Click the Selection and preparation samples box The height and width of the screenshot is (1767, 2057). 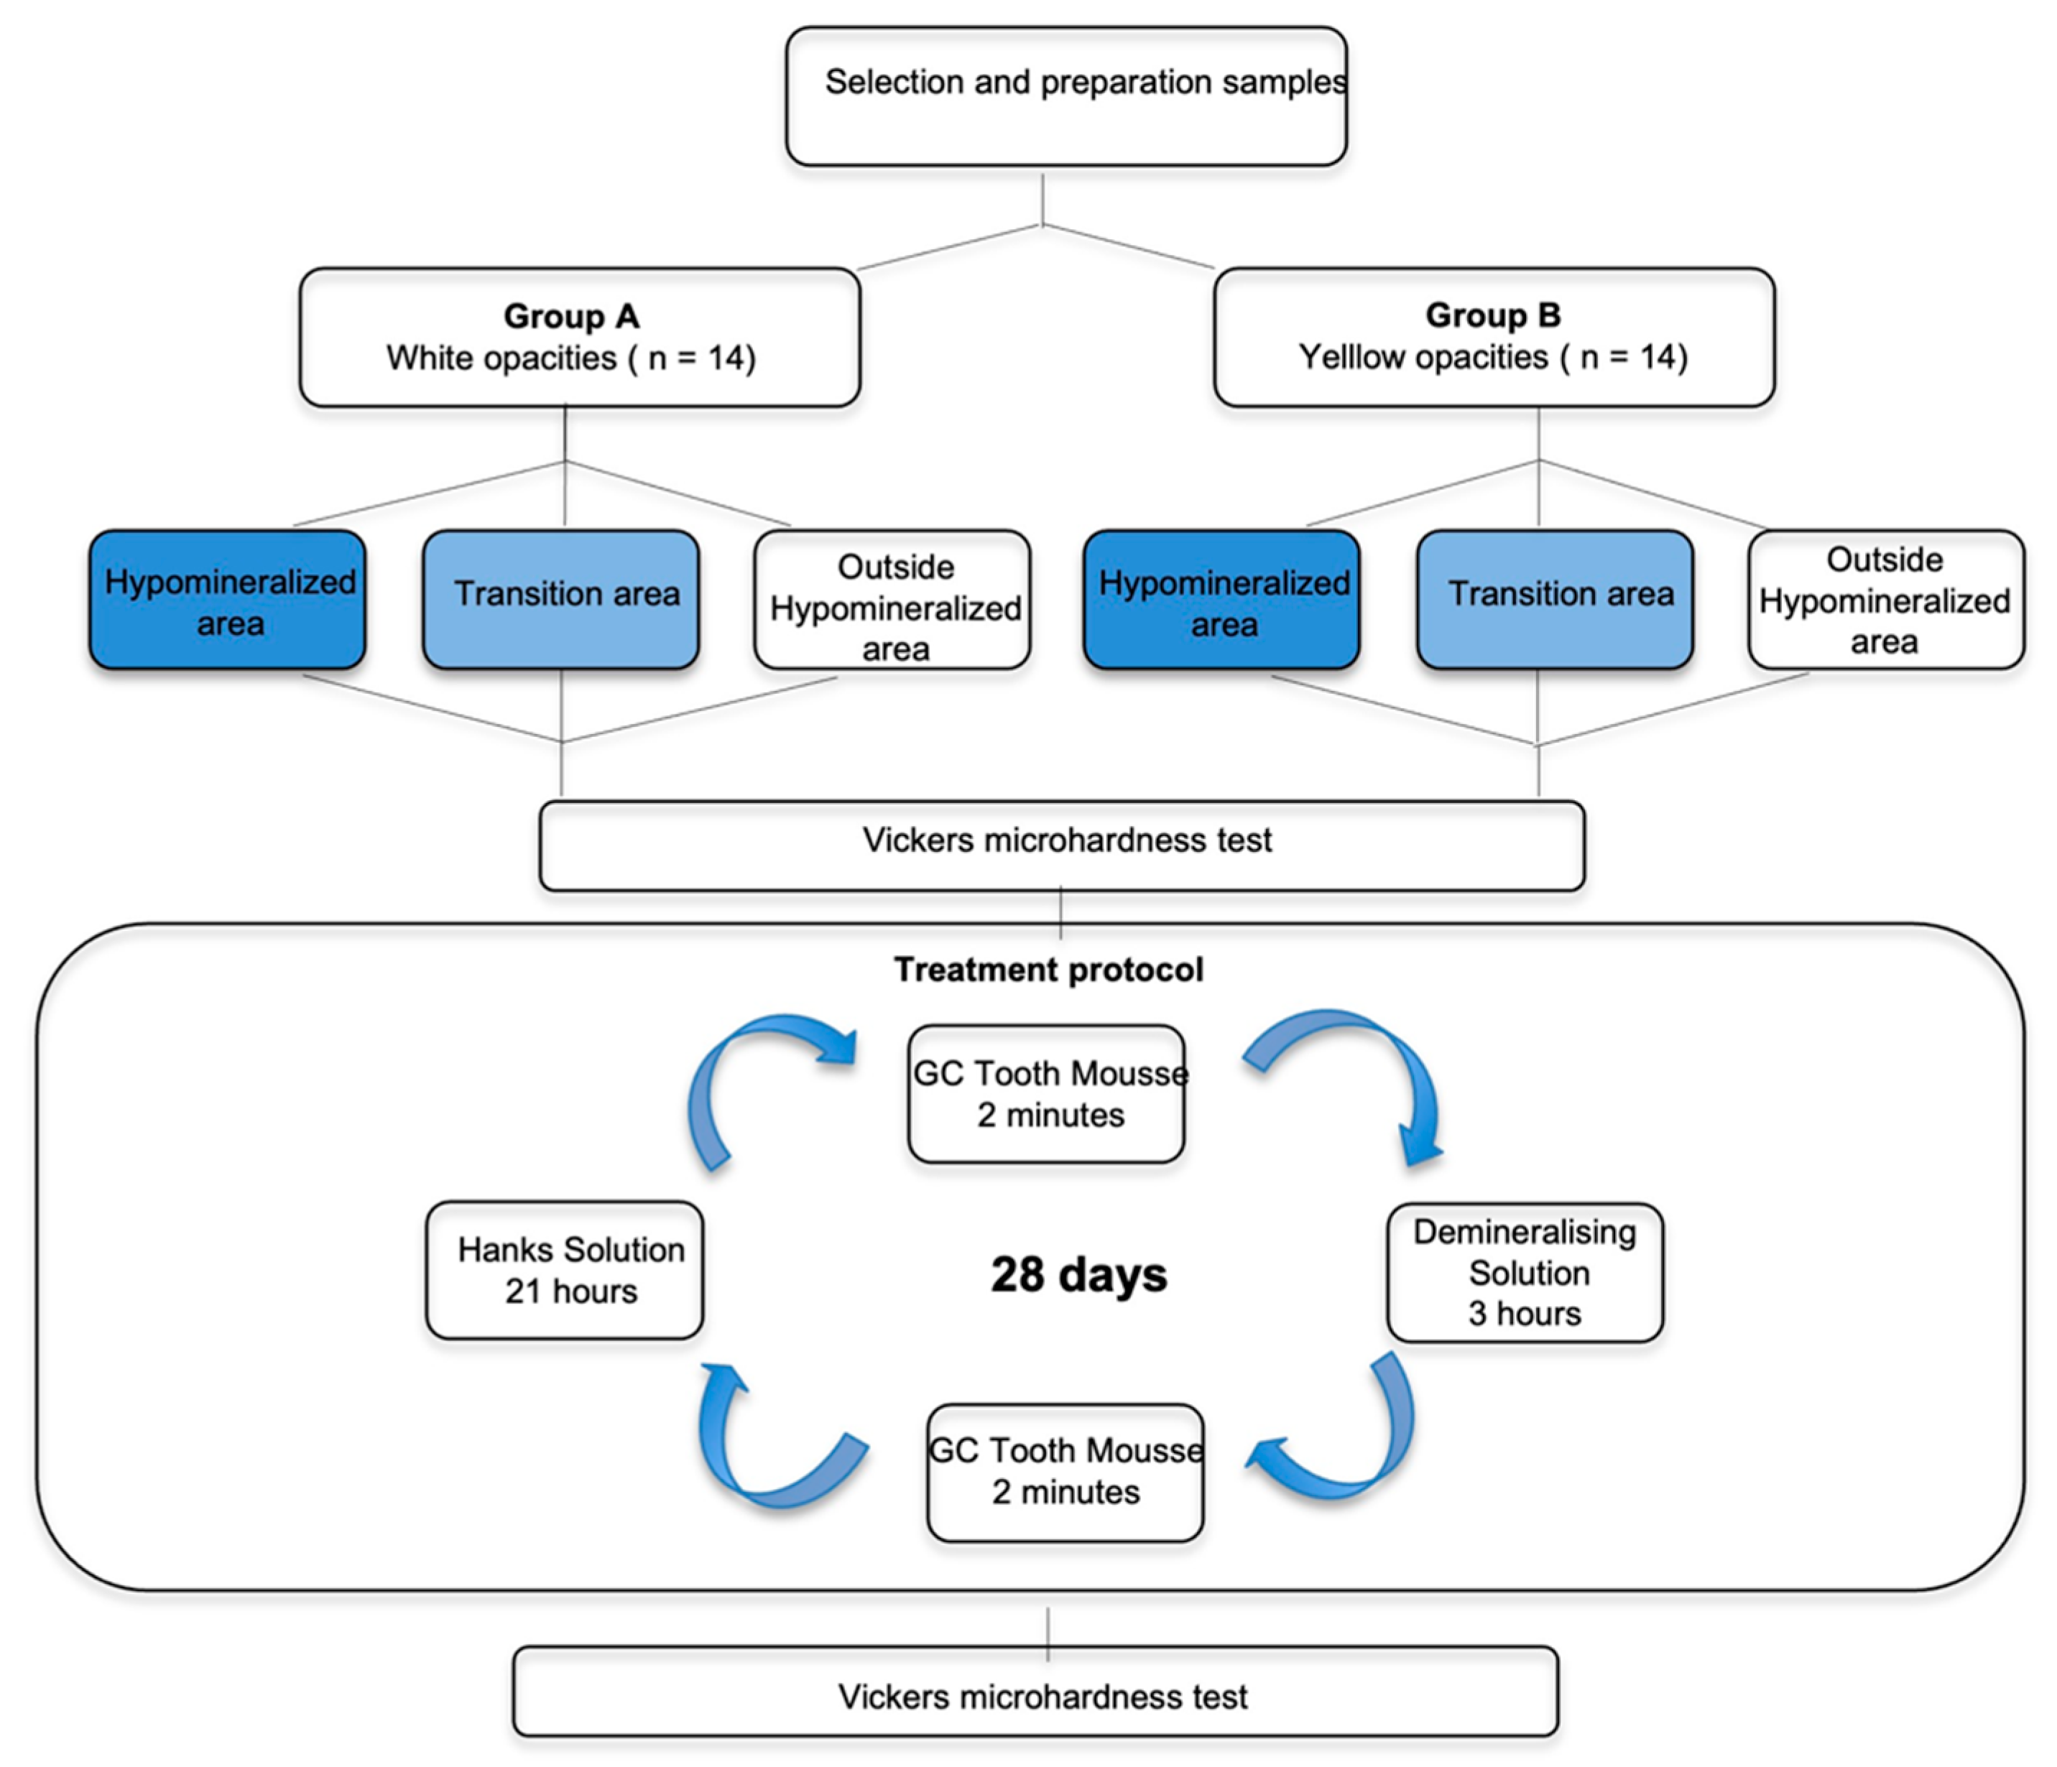1066,96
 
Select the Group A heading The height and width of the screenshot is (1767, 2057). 571,315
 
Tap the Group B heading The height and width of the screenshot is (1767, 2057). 1492,315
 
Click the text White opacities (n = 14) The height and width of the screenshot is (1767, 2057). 571,358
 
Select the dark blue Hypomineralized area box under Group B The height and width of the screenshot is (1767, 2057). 1221,600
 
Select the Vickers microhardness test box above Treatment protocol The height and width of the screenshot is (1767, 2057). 1062,844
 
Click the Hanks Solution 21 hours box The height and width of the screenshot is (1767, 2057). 565,1271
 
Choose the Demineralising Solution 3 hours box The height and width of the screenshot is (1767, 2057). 1524,1273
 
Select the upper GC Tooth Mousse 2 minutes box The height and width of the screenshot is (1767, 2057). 1046,1094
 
